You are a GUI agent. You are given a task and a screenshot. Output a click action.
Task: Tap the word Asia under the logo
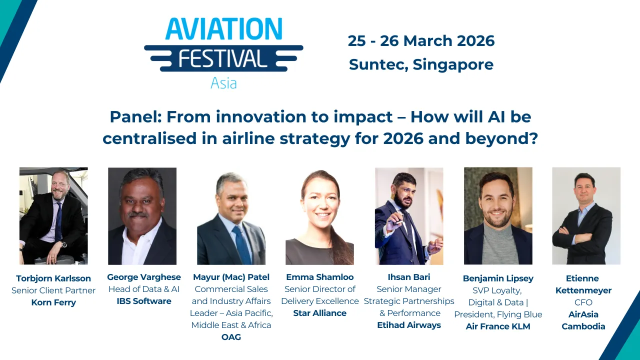tap(223, 83)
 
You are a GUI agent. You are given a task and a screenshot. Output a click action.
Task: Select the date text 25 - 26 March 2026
tap(421, 41)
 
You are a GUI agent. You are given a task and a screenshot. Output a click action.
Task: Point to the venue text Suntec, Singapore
tap(421, 64)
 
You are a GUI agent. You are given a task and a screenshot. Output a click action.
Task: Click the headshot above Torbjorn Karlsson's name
tap(53, 215)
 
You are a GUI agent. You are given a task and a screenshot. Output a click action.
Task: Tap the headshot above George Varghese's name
tap(142, 215)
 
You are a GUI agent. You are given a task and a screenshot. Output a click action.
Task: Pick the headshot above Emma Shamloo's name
tap(319, 215)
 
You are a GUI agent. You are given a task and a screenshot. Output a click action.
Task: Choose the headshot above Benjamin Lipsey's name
tap(498, 215)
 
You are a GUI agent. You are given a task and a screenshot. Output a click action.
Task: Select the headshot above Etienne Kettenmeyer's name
tap(586, 215)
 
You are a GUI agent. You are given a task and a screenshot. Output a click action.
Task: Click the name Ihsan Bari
tap(409, 277)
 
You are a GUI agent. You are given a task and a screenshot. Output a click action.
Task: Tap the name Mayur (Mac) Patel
tap(231, 277)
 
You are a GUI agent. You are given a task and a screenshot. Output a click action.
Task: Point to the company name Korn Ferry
tap(53, 302)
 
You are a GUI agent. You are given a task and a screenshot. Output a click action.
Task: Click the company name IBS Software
tap(144, 301)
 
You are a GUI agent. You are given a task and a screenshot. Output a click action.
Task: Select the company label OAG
tap(231, 337)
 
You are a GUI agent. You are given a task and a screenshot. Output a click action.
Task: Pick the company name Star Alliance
tap(319, 313)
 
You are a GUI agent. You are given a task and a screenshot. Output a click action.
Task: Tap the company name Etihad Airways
tap(409, 325)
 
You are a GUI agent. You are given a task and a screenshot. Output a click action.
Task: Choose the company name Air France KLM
tap(498, 326)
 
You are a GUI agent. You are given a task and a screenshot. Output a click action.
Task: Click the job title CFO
tap(583, 302)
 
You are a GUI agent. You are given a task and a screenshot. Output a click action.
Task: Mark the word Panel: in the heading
tap(136, 117)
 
